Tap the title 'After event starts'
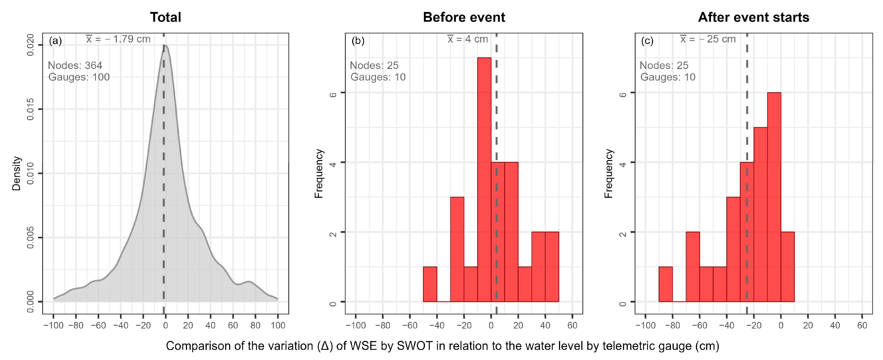(753, 17)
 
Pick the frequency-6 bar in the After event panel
(774, 197)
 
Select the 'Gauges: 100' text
(79, 77)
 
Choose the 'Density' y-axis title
(17, 173)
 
